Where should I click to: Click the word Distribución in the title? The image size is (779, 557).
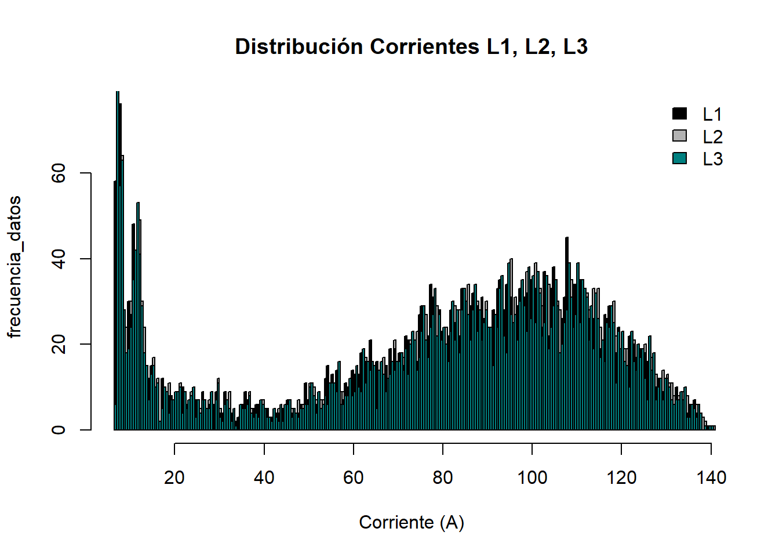[299, 46]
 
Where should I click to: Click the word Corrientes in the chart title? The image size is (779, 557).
[424, 46]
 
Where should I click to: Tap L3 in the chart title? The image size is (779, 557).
[575, 46]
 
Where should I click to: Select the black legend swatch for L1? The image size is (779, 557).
[679, 114]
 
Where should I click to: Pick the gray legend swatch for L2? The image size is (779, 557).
[679, 136]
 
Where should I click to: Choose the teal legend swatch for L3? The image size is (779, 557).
[679, 158]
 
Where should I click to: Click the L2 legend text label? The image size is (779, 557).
[712, 137]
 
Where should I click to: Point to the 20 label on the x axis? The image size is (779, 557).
[174, 478]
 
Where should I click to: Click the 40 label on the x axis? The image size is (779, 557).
[264, 478]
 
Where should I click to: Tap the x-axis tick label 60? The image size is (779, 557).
[354, 478]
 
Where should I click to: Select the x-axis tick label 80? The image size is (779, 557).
[443, 478]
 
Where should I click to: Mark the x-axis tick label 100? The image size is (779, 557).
[532, 478]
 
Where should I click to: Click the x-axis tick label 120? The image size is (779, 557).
[621, 478]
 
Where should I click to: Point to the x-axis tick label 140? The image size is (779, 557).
[711, 478]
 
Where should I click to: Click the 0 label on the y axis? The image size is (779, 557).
[59, 430]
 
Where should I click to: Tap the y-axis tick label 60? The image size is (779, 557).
[59, 173]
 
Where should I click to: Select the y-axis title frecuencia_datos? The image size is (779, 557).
[14, 267]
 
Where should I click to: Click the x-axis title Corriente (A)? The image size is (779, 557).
[412, 522]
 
